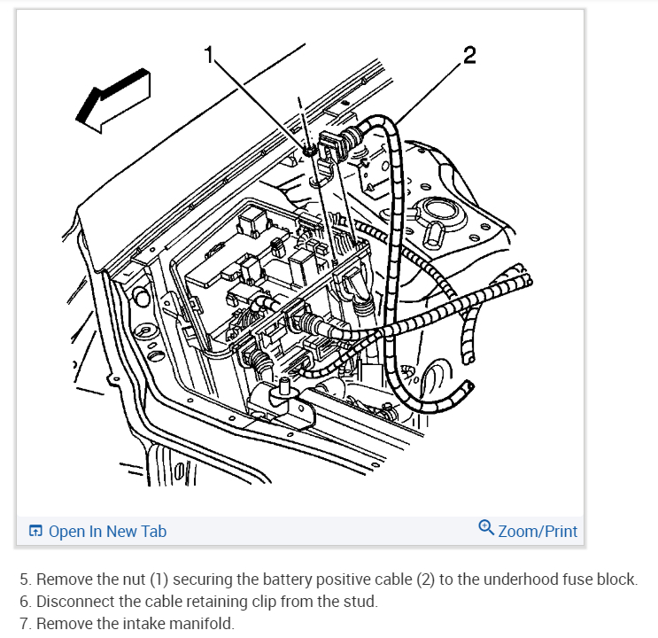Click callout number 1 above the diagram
pos(210,56)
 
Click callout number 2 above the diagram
pos(468,56)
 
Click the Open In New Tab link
pos(107,532)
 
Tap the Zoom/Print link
pos(538,532)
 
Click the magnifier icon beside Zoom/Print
pos(486,529)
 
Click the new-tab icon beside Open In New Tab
pos(36,532)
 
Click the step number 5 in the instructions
pos(25,580)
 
